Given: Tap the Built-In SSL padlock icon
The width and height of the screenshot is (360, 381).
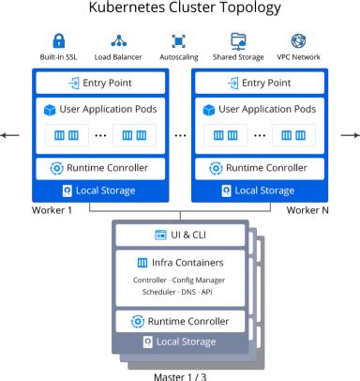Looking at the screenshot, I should [59, 41].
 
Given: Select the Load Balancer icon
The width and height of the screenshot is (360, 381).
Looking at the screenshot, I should [119, 41].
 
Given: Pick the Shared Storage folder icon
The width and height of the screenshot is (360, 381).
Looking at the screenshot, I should [239, 41].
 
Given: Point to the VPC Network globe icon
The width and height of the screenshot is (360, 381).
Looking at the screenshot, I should [299, 41].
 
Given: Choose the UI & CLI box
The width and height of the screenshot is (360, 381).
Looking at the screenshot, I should [180, 234].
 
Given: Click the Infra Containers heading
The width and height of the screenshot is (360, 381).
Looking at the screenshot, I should [180, 262].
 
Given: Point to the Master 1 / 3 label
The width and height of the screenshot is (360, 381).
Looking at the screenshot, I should [180, 376].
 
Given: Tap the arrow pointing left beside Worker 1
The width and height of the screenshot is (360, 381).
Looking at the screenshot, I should [9, 135].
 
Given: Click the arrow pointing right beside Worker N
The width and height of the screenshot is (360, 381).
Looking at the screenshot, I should [351, 135].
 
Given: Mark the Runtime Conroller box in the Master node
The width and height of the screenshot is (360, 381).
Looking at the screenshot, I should [180, 321].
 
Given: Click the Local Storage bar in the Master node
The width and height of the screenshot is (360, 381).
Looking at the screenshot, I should [180, 342].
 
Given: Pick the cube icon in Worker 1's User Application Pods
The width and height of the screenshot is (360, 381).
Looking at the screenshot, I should [51, 111].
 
